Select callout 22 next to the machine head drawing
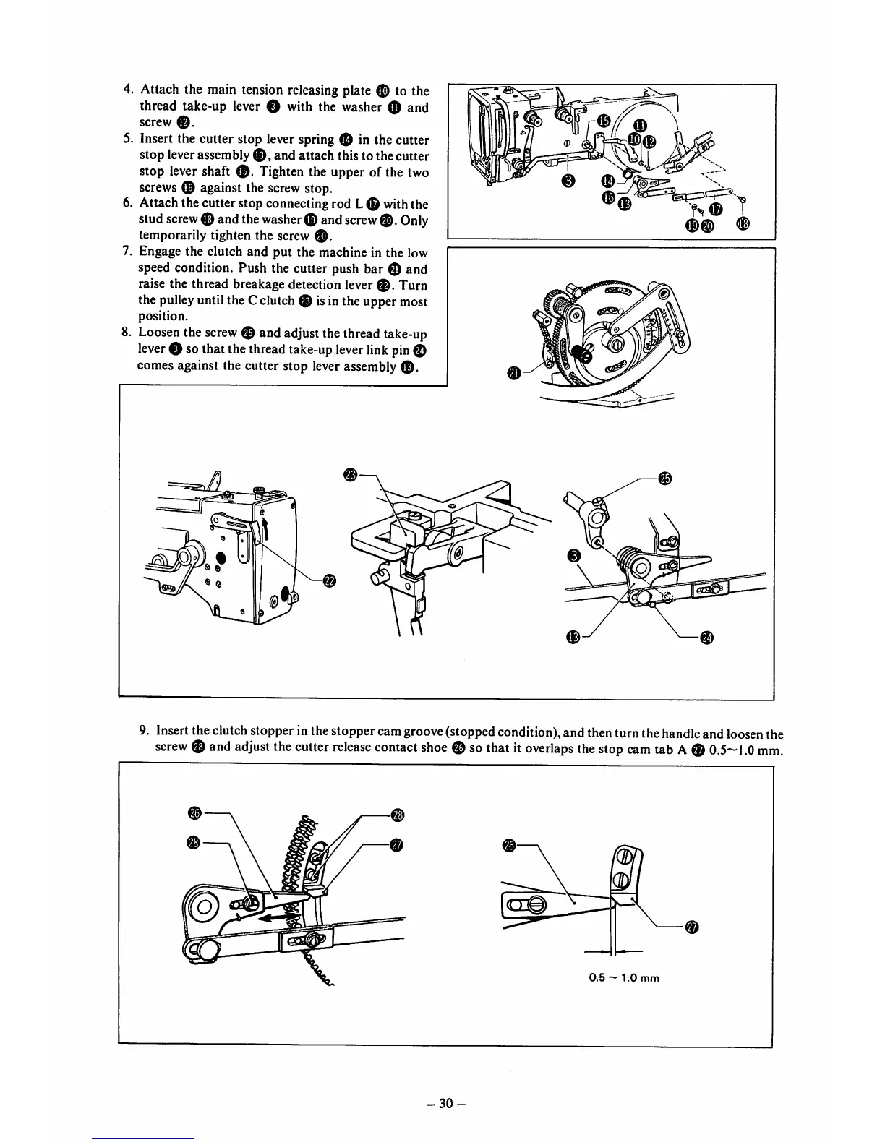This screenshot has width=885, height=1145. (329, 580)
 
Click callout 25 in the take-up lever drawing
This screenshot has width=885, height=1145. (665, 478)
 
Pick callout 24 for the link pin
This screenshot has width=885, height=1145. (707, 637)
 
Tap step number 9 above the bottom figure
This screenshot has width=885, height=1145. (144, 731)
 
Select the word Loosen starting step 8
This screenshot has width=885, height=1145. (159, 333)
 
